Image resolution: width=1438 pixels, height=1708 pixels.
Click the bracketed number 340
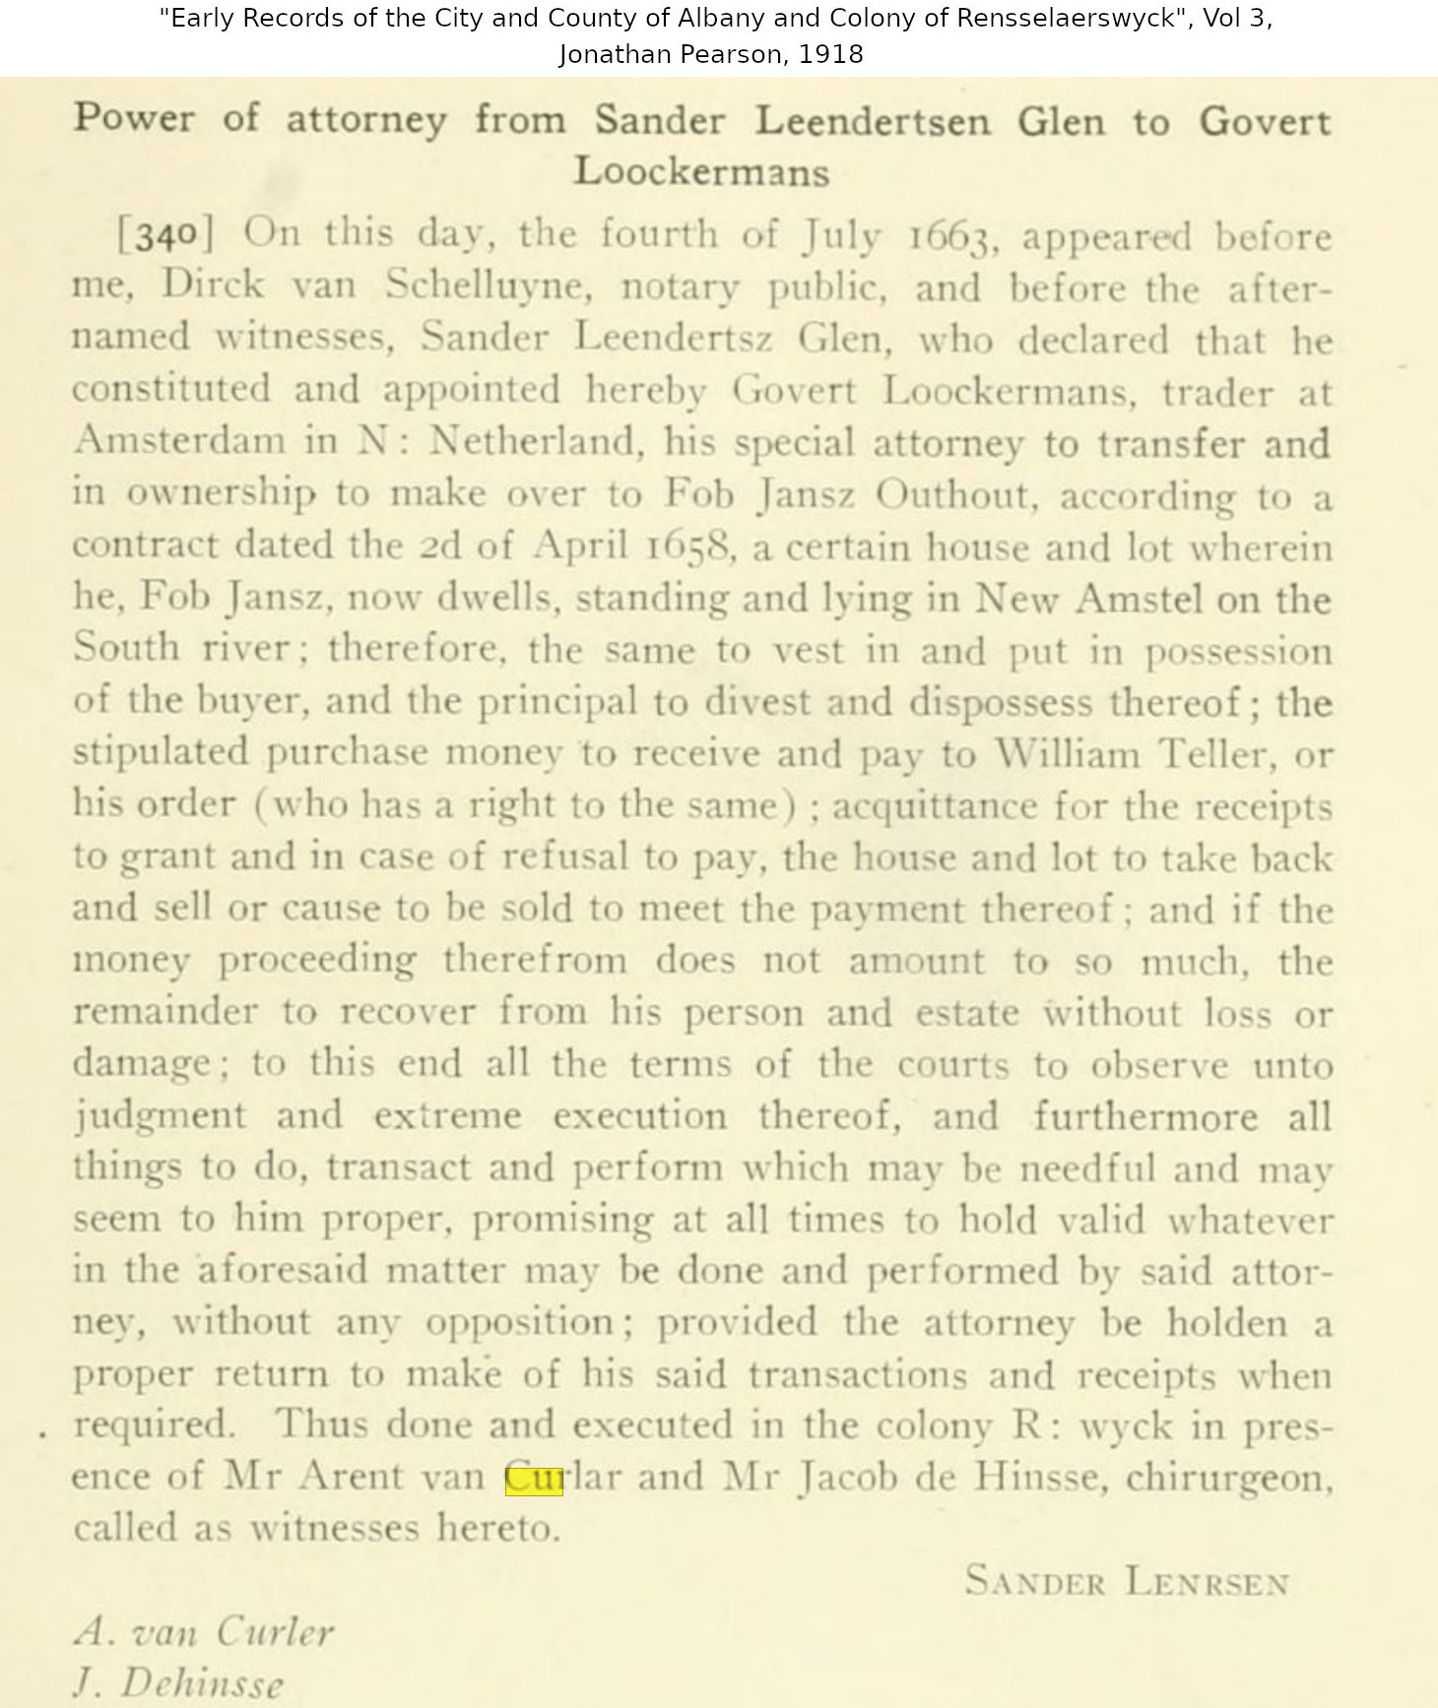tap(164, 235)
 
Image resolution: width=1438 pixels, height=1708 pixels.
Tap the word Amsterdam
tap(179, 440)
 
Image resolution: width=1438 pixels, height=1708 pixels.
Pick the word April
tap(580, 544)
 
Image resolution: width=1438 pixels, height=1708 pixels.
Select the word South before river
tap(127, 648)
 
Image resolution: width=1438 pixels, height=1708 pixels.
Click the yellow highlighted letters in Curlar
tap(534, 1479)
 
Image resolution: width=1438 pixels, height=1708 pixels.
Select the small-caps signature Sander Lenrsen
tap(1127, 1582)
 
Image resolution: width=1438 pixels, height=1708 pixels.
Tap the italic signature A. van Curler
tap(205, 1632)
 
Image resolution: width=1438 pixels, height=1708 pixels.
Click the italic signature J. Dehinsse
tap(178, 1683)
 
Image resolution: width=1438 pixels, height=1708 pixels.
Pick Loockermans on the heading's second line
tap(701, 171)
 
